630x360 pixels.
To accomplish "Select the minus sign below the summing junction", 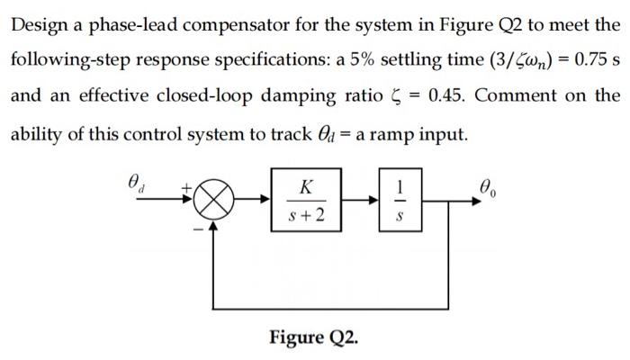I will [190, 226].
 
